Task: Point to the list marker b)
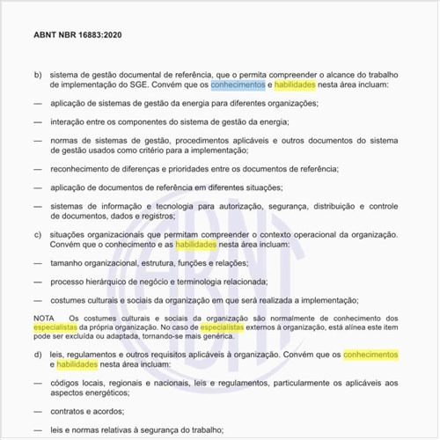38,74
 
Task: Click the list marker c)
38,234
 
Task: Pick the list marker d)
38,354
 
